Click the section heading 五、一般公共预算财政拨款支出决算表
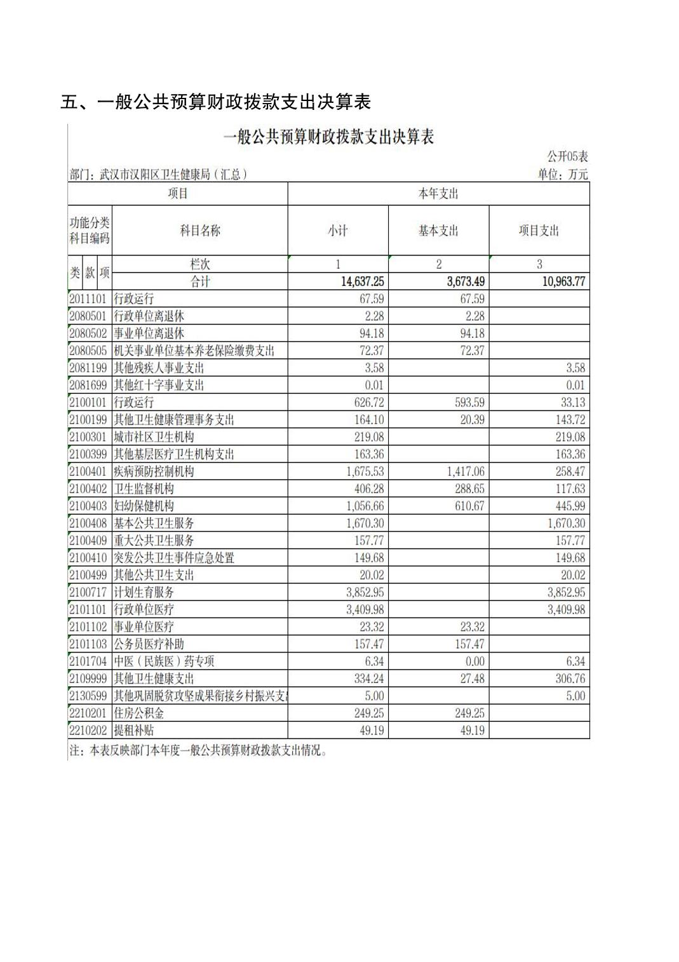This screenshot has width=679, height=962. [215, 102]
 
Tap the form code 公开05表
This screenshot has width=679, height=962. [567, 156]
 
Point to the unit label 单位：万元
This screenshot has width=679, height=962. [563, 174]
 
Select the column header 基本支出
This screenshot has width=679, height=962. [438, 231]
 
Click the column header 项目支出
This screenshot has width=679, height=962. [539, 231]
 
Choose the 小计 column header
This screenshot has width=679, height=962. [338, 231]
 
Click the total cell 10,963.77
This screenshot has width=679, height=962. [563, 281]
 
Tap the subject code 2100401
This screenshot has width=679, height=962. [88, 471]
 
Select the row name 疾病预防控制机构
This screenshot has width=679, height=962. [154, 471]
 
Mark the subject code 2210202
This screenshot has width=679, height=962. [88, 730]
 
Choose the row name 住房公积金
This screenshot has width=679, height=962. [138, 713]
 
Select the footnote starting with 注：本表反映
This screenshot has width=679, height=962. [198, 750]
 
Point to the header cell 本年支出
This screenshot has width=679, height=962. [438, 194]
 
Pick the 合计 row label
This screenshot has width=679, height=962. [200, 281]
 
